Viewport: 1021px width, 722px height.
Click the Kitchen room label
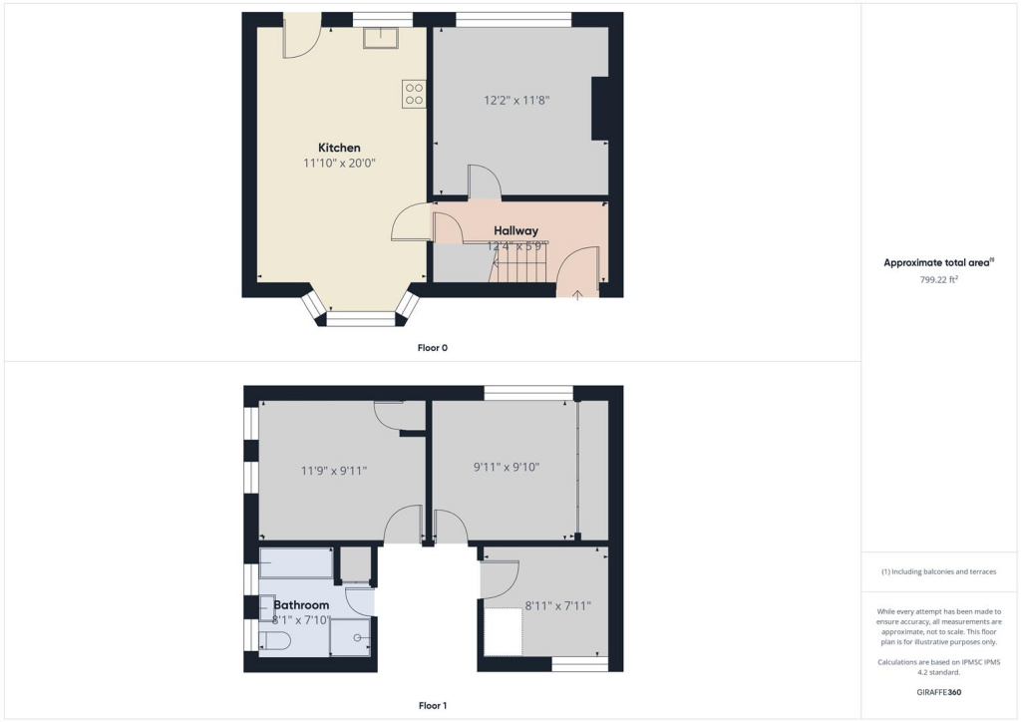339,148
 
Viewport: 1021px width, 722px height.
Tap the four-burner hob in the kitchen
414,94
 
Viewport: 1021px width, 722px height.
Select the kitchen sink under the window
381,37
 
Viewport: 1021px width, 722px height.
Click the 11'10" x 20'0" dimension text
339,163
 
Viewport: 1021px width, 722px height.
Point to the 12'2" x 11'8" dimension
517,100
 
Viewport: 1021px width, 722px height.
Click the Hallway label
515,230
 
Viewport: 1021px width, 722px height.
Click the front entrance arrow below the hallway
578,294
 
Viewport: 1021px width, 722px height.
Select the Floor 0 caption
433,348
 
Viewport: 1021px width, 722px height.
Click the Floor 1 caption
433,706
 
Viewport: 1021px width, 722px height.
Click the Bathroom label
301,604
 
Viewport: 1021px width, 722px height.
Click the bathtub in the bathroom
296,563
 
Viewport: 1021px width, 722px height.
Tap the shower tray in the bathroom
351,636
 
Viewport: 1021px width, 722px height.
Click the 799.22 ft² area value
937,280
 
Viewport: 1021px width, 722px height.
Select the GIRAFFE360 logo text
939,691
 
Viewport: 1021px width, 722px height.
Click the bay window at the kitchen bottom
361,318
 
